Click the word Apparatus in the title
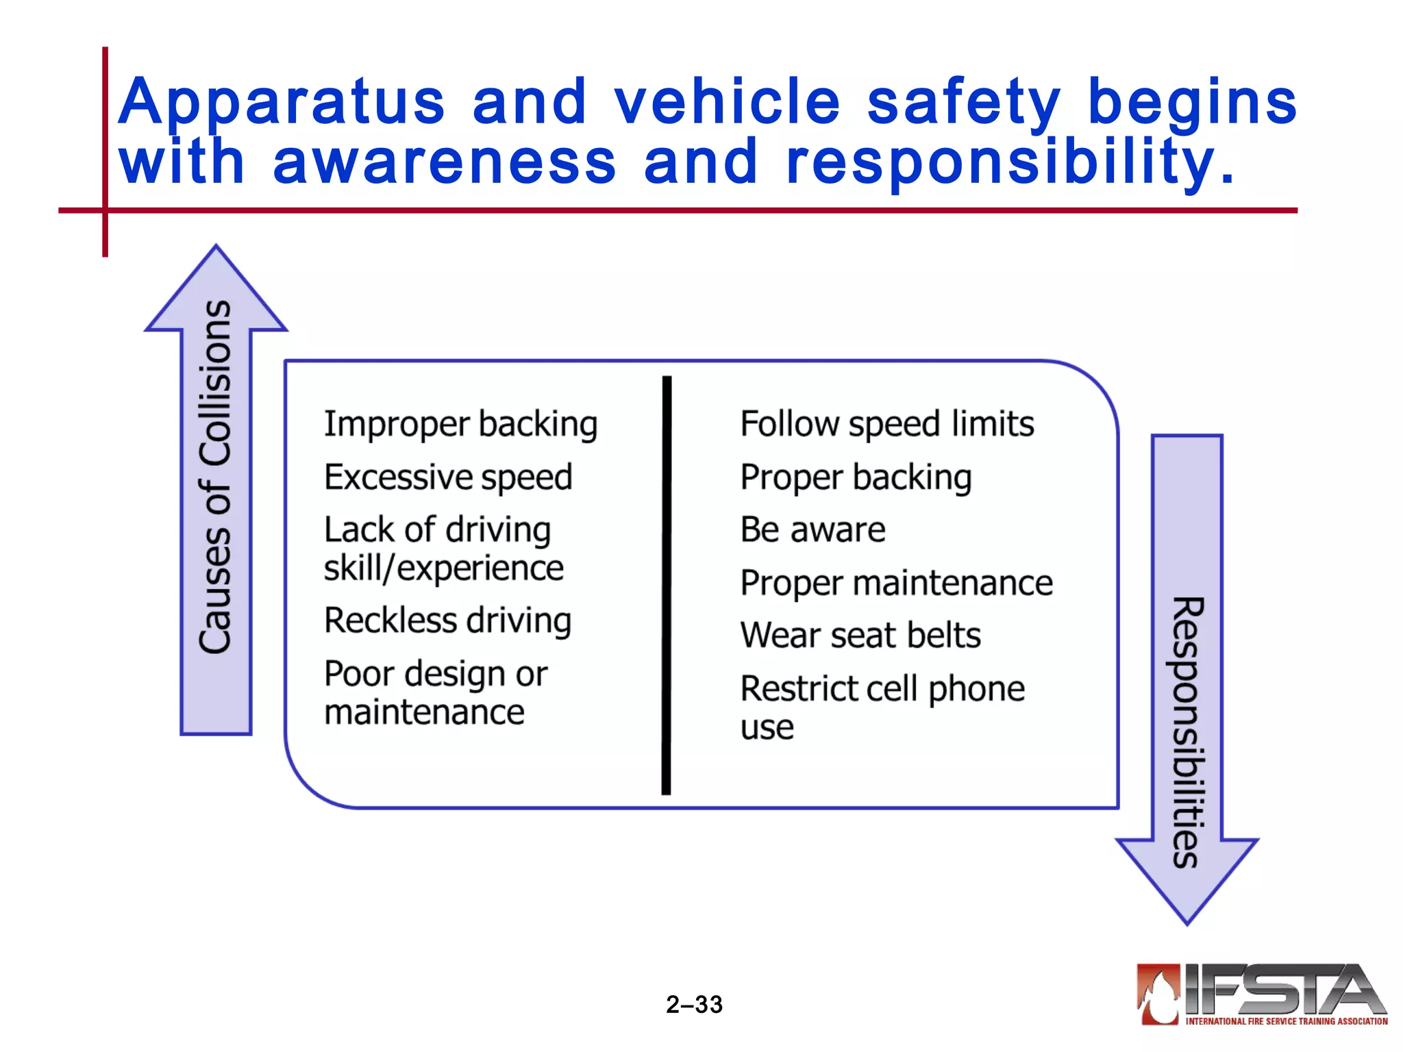(x=281, y=103)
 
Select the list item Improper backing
(x=460, y=424)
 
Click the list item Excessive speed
(x=448, y=477)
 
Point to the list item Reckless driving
(x=448, y=621)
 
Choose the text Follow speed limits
(x=887, y=424)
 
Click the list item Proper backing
(x=856, y=477)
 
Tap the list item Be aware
(x=812, y=530)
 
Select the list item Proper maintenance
(x=896, y=584)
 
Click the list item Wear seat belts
(x=860, y=636)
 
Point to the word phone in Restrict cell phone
(x=976, y=689)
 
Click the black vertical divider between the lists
(x=667, y=586)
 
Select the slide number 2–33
(x=694, y=1005)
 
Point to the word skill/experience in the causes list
(x=443, y=568)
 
